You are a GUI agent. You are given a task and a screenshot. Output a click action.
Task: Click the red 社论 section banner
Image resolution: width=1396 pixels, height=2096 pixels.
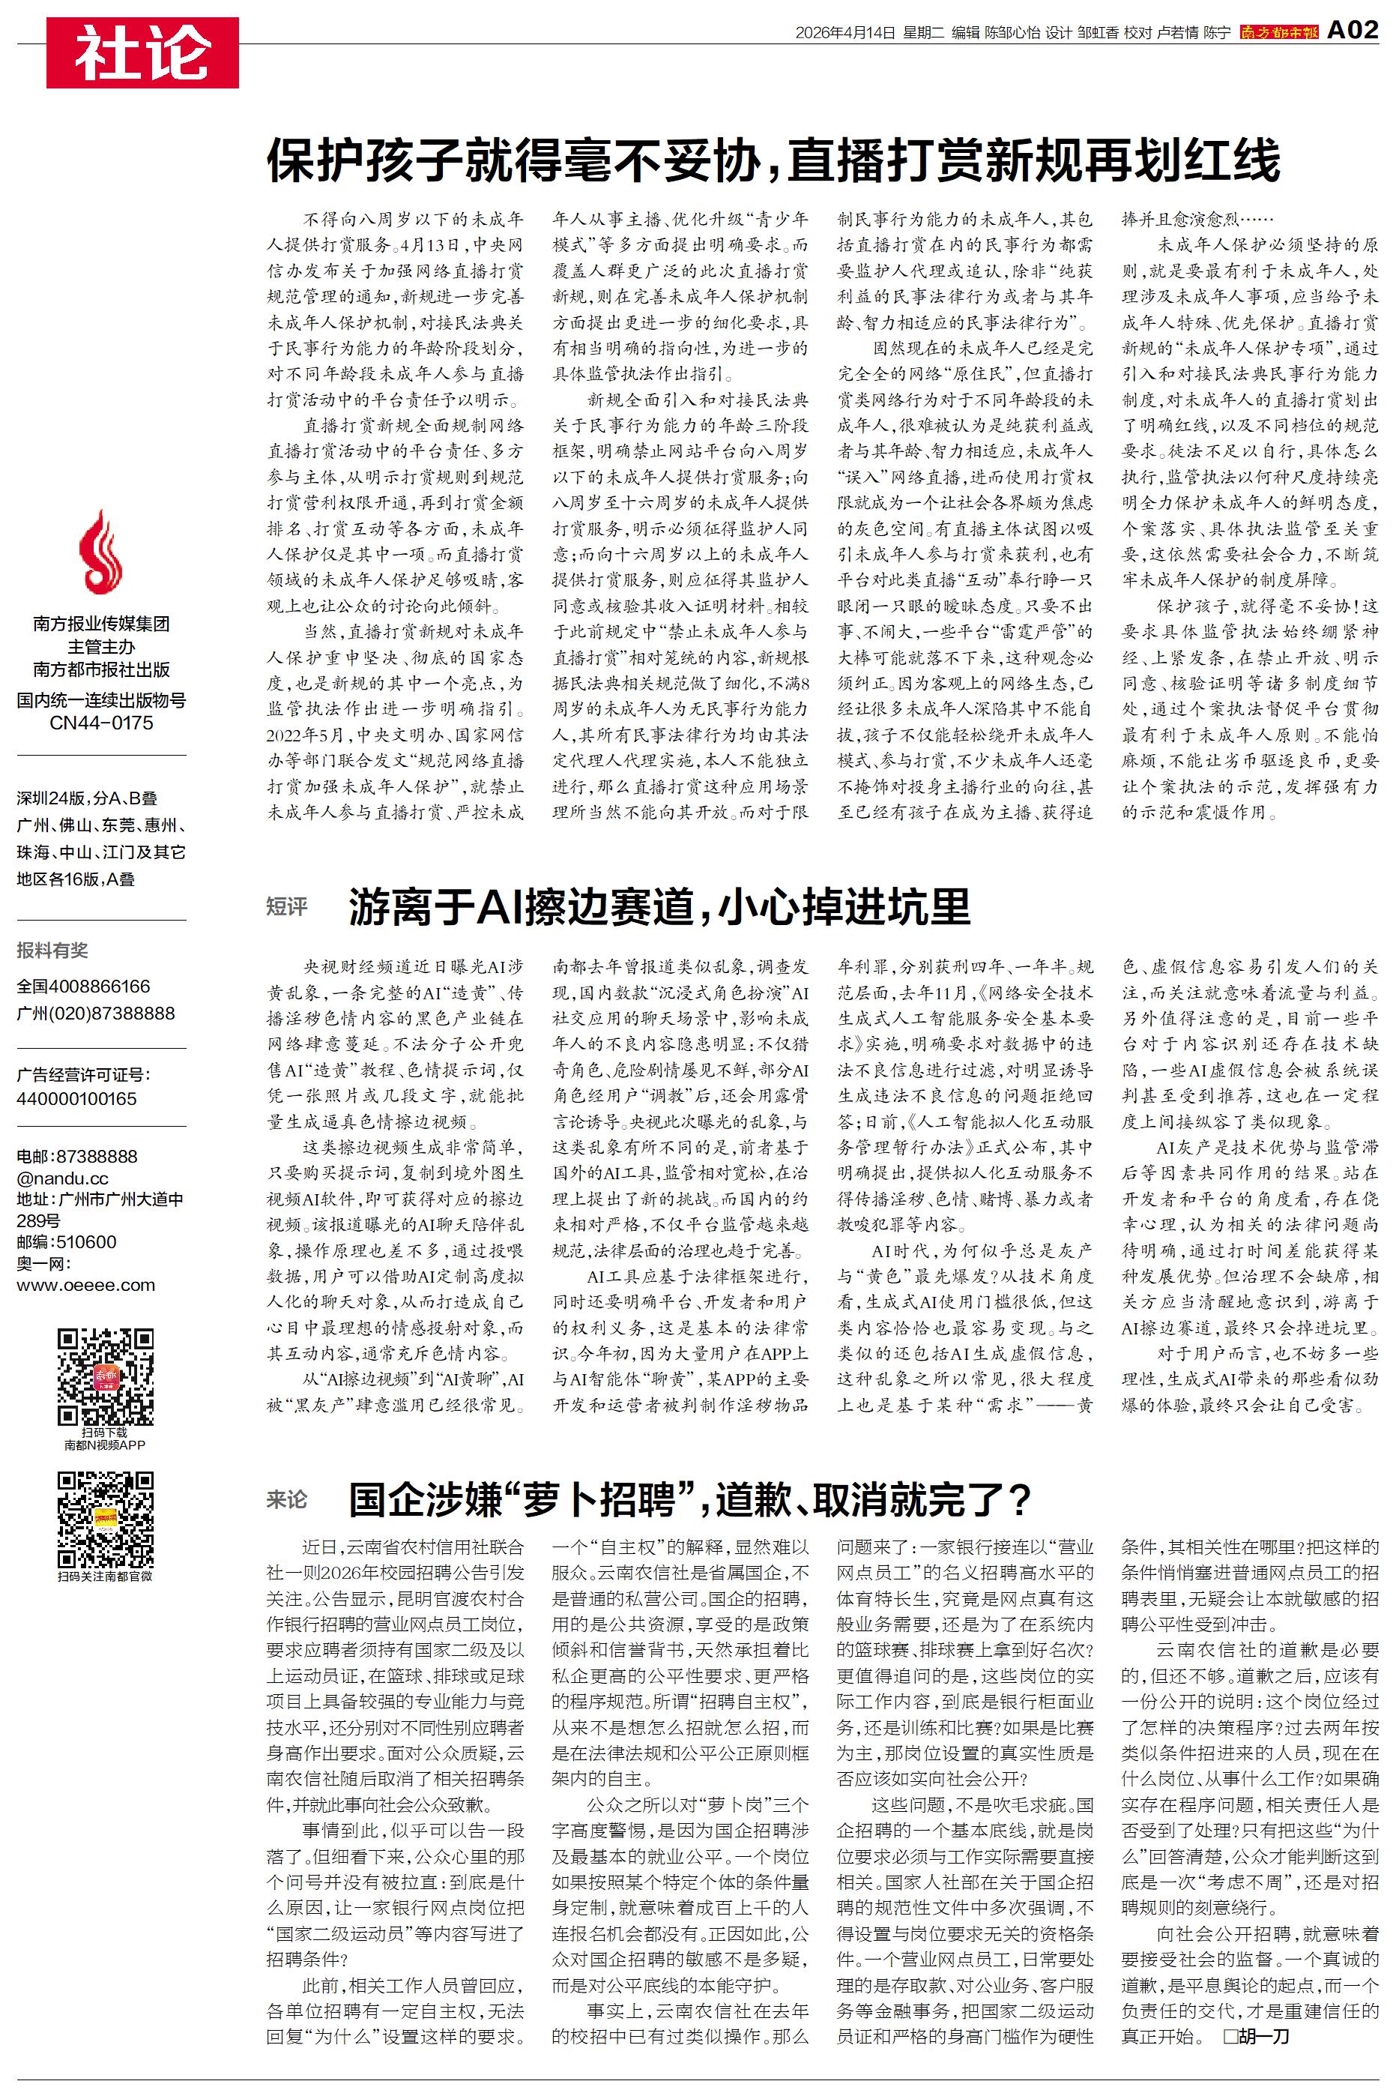click(x=142, y=53)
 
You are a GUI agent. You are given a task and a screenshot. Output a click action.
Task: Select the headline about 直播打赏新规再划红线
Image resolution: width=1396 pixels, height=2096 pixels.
click(x=773, y=161)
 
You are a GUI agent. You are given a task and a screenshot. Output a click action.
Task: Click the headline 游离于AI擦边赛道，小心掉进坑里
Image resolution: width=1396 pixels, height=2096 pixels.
click(x=659, y=906)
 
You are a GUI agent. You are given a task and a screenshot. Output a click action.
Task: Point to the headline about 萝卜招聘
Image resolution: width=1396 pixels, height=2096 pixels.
click(x=690, y=1499)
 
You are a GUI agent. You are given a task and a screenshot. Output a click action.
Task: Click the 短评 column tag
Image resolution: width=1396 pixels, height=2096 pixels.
click(x=287, y=906)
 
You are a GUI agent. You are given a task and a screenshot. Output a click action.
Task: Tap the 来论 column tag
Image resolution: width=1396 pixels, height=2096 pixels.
click(x=287, y=1499)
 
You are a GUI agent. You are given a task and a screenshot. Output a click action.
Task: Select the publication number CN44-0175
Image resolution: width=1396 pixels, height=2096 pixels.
click(x=100, y=723)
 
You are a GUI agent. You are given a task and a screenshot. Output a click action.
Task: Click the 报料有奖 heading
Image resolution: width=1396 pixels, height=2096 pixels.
click(x=52, y=950)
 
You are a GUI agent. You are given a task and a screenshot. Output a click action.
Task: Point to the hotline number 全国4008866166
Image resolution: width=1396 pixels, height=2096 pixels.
click(x=84, y=987)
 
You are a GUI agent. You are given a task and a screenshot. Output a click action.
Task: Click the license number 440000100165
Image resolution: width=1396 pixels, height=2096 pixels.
click(x=76, y=1099)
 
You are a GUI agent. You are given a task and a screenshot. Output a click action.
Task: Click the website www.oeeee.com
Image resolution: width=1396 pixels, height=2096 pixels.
click(x=85, y=1285)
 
